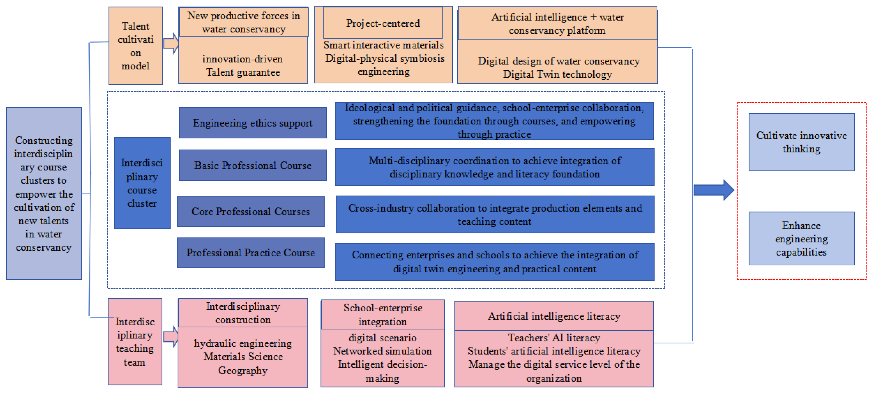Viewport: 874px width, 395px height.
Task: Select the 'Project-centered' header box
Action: (383, 23)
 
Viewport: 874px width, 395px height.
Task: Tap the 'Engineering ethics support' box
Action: (253, 123)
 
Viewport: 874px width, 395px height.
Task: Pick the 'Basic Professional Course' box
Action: (253, 165)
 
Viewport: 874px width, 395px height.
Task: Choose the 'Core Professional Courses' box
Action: (250, 211)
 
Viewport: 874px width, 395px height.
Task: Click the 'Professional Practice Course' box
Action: (250, 253)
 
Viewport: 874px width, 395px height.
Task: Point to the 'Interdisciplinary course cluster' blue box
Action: (142, 183)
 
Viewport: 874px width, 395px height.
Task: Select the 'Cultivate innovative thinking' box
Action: (801, 142)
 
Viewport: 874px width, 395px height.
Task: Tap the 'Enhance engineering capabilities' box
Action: (801, 239)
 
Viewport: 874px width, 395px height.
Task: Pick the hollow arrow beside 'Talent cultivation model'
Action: (171, 43)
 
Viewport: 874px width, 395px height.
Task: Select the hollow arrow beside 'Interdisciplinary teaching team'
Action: (171, 337)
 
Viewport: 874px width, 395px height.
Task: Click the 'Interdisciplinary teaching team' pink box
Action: (135, 342)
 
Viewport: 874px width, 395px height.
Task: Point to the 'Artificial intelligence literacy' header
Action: (554, 316)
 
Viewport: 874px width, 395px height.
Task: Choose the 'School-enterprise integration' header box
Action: (382, 314)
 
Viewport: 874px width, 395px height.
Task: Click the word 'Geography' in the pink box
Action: (243, 370)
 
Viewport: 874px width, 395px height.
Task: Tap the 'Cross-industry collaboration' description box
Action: (495, 215)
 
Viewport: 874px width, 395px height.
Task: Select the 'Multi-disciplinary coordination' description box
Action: (495, 167)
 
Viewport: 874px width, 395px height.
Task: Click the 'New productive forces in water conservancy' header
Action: (243, 22)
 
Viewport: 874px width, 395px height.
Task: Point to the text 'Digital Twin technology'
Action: (557, 74)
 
